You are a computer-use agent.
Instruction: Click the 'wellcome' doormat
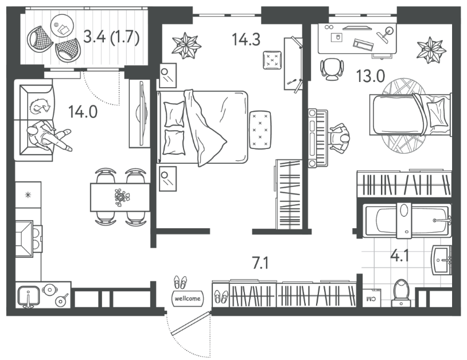pyautogui.click(x=188, y=299)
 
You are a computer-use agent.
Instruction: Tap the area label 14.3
pyautogui.click(x=246, y=40)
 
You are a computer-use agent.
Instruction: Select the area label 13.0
pyautogui.click(x=371, y=76)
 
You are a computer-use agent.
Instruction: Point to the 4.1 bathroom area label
pyautogui.click(x=400, y=256)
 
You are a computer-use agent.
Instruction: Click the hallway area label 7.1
pyautogui.click(x=260, y=263)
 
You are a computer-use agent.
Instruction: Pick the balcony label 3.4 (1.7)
pyautogui.click(x=112, y=37)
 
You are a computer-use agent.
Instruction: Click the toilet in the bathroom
pyautogui.click(x=401, y=292)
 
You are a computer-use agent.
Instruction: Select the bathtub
pyautogui.click(x=407, y=221)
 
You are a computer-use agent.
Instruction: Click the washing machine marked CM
pyautogui.click(x=372, y=298)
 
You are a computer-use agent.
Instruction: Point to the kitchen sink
pyautogui.click(x=29, y=296)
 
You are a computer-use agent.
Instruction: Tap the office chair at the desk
pyautogui.click(x=332, y=69)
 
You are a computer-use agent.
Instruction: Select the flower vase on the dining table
pyautogui.click(x=123, y=197)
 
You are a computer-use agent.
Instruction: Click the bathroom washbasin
pyautogui.click(x=441, y=260)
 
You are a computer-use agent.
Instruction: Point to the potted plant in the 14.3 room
pyautogui.click(x=186, y=45)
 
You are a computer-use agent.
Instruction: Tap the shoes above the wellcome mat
pyautogui.click(x=181, y=283)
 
